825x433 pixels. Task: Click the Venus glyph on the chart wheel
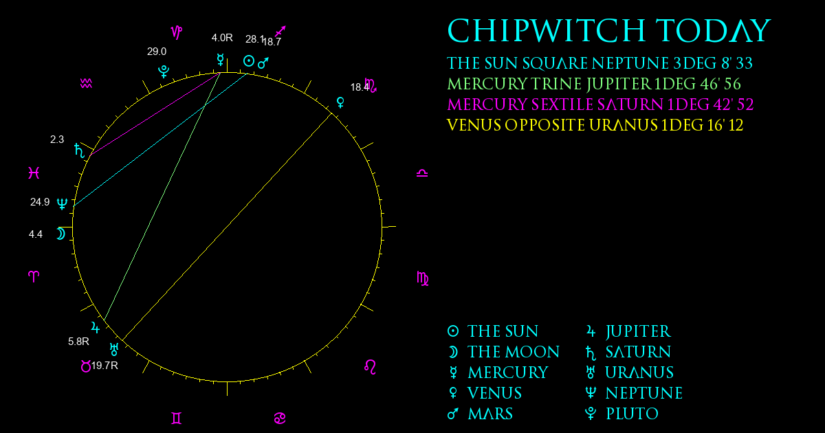[x=341, y=102]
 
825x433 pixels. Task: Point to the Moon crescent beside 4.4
[x=60, y=234]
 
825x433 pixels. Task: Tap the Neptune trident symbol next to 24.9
[x=62, y=203]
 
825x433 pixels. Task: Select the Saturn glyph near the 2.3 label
[x=79, y=151]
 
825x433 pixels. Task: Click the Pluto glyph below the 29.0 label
[x=164, y=71]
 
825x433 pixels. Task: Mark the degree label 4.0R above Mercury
[x=222, y=38]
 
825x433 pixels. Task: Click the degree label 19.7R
[x=104, y=366]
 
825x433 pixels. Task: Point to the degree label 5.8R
[x=78, y=342]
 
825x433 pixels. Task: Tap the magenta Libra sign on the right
[x=422, y=173]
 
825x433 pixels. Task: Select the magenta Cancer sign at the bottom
[x=280, y=419]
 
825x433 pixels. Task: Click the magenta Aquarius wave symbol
[x=86, y=84]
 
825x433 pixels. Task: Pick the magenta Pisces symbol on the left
[x=34, y=173]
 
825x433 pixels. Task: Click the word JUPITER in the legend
[x=638, y=331]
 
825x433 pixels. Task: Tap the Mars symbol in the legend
[x=453, y=414]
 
